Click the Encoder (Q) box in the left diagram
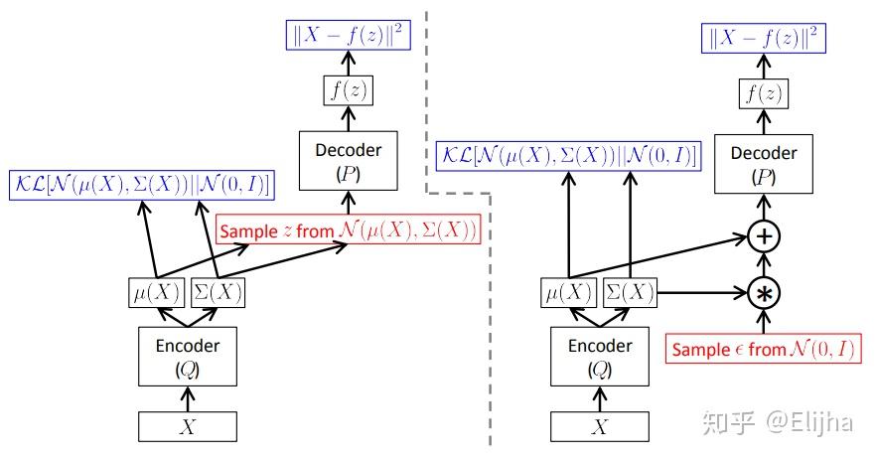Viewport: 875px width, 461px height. point(188,356)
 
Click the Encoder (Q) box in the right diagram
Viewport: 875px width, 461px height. point(600,356)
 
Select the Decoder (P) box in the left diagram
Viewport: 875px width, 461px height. point(349,161)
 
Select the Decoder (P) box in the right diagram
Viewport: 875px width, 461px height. point(764,164)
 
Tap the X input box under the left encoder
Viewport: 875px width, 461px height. point(188,426)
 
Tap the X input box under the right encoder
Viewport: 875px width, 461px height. point(600,426)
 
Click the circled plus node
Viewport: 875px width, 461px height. point(764,236)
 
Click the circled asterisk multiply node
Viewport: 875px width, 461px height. point(764,293)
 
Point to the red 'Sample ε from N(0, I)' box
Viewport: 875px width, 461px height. point(763,349)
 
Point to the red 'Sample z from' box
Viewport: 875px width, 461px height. point(349,230)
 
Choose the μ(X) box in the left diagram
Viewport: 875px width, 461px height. point(156,292)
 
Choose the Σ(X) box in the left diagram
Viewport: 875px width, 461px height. point(218,292)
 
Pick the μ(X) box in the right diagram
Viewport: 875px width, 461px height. point(569,292)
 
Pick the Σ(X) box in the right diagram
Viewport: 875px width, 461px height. point(630,292)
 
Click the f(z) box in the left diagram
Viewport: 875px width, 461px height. point(349,89)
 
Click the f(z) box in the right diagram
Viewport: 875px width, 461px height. point(764,93)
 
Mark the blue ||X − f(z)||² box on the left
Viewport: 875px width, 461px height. point(349,35)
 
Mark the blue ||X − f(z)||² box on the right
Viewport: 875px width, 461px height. point(764,38)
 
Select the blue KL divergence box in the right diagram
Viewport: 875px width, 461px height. point(569,156)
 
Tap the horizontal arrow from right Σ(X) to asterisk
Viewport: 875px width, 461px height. point(702,292)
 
